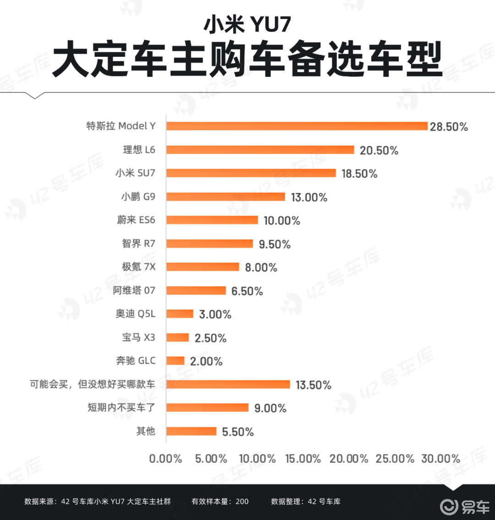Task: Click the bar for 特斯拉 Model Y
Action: tap(297, 126)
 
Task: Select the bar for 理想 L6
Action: tap(260, 149)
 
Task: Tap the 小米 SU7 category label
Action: tap(135, 173)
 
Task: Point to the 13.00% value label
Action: tap(309, 198)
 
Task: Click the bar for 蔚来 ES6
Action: tap(212, 220)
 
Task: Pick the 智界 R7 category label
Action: tap(138, 243)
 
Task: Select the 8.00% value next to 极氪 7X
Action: tap(261, 267)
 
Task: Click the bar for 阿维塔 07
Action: tap(196, 291)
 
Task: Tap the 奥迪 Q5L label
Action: tap(135, 314)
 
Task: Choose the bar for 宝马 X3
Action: tap(177, 337)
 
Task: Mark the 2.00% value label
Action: tap(206, 361)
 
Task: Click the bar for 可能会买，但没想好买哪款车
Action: tap(228, 384)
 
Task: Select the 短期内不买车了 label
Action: tap(121, 407)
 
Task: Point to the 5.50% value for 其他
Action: tap(237, 432)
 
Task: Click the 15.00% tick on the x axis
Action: tap(303, 459)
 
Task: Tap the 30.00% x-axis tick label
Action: tap(440, 459)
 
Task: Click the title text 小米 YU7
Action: tap(247, 25)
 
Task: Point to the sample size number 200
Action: tap(242, 502)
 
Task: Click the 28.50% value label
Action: tap(449, 127)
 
